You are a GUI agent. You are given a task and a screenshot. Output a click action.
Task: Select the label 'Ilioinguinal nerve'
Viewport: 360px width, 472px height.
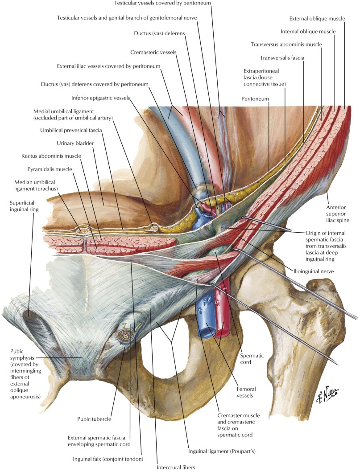[x=315, y=270]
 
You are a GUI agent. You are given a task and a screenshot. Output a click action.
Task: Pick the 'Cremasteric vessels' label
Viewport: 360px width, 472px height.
[x=153, y=53]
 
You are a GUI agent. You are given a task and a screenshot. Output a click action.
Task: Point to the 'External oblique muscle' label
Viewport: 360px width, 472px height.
[x=315, y=19]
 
